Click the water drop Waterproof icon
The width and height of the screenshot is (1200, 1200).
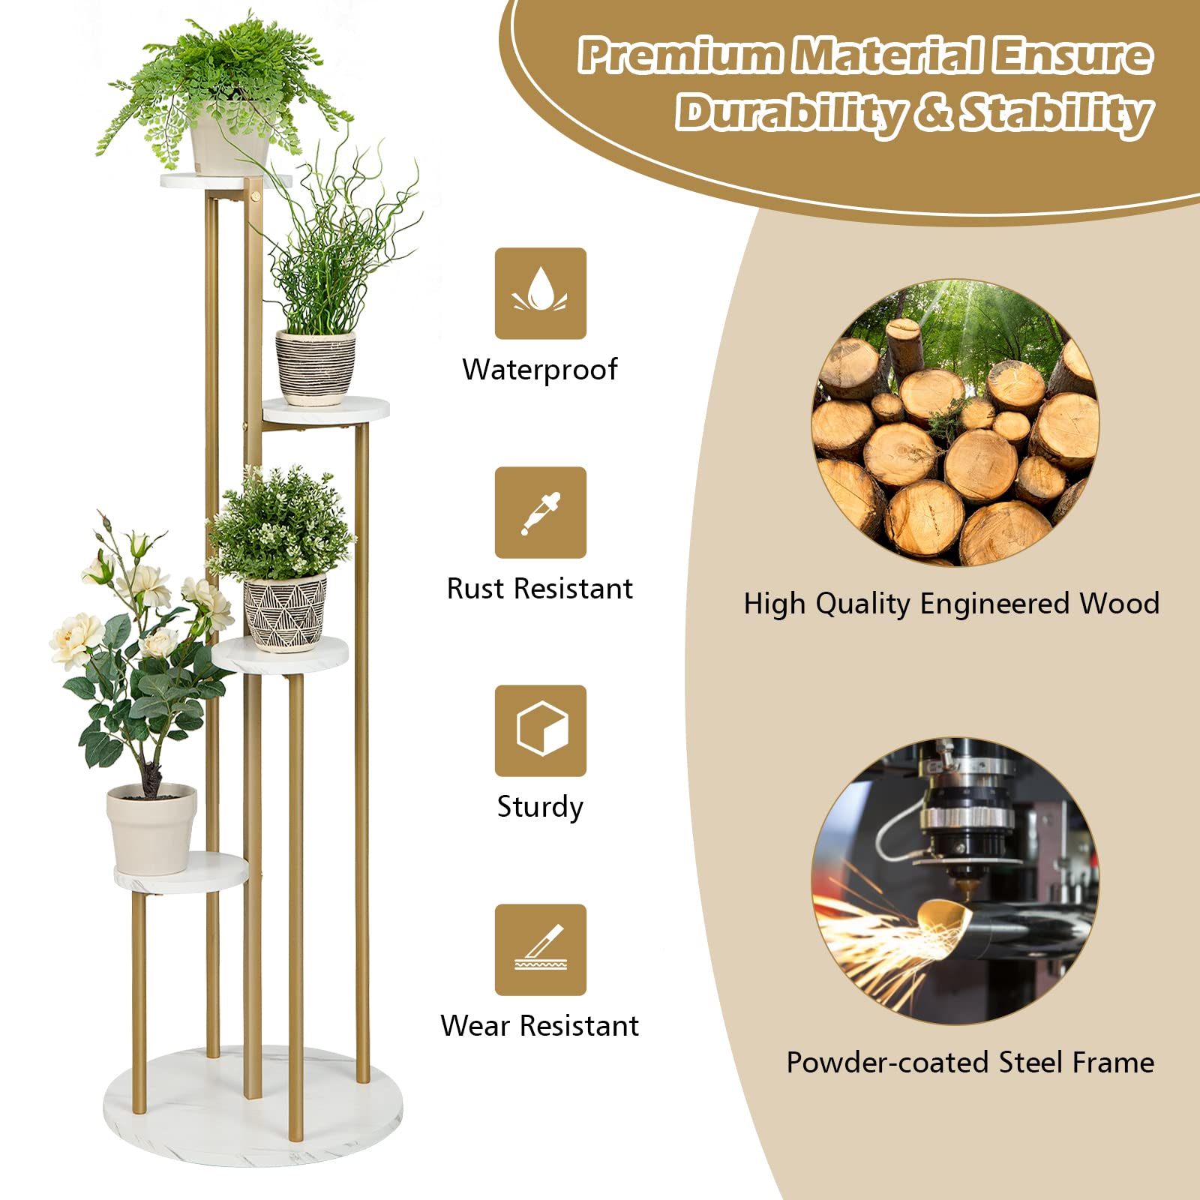tap(540, 293)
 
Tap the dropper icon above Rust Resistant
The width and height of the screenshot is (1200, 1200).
tap(540, 512)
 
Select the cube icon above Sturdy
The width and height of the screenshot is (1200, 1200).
tap(540, 730)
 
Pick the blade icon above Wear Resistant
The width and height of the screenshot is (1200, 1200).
tap(540, 949)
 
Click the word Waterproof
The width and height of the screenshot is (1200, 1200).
tap(539, 370)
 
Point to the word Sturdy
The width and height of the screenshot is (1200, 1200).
tap(539, 807)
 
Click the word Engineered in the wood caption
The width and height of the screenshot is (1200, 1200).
tap(995, 603)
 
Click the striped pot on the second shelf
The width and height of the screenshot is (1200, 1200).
tap(315, 367)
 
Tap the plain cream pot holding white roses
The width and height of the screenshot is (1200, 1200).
tap(151, 829)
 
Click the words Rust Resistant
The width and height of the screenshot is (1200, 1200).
tap(539, 589)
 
